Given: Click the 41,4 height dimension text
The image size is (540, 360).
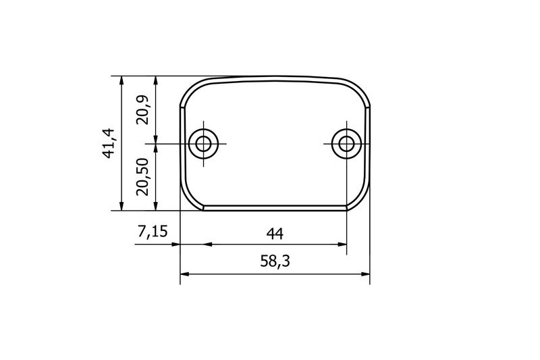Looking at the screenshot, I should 110,143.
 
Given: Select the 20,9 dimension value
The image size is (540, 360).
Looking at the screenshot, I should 142,109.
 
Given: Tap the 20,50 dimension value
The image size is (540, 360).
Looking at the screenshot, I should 142,177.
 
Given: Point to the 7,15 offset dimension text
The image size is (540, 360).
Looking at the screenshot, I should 153,233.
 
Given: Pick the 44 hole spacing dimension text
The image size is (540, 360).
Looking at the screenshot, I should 274,234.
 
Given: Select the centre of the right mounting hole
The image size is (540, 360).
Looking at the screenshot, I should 346,143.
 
